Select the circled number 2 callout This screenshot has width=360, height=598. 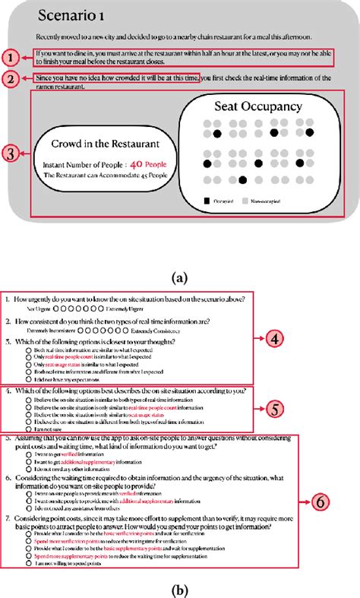pos(11,78)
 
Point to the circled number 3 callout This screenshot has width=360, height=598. pos(11,153)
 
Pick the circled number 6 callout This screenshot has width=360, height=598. pos(321,501)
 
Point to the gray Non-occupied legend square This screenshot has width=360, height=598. pos(245,201)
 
